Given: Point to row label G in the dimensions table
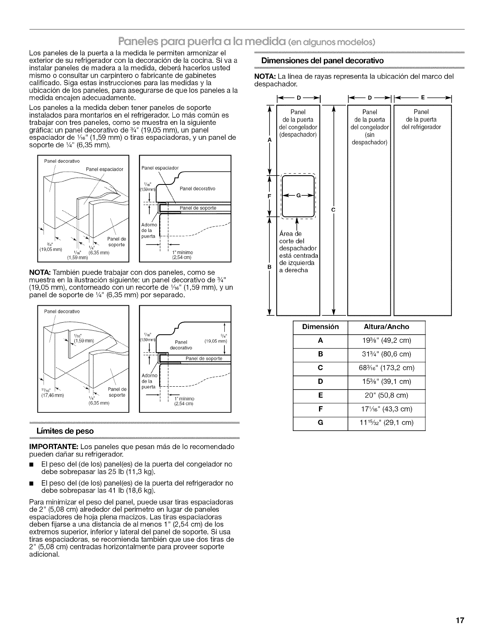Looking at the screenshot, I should tap(320, 423).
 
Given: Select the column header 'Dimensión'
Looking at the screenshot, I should tap(320, 327).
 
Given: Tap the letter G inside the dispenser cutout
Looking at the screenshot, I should tap(298, 196).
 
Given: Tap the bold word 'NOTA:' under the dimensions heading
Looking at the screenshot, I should tap(265, 77).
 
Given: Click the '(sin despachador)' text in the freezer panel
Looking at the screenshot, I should tap(369, 139).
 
